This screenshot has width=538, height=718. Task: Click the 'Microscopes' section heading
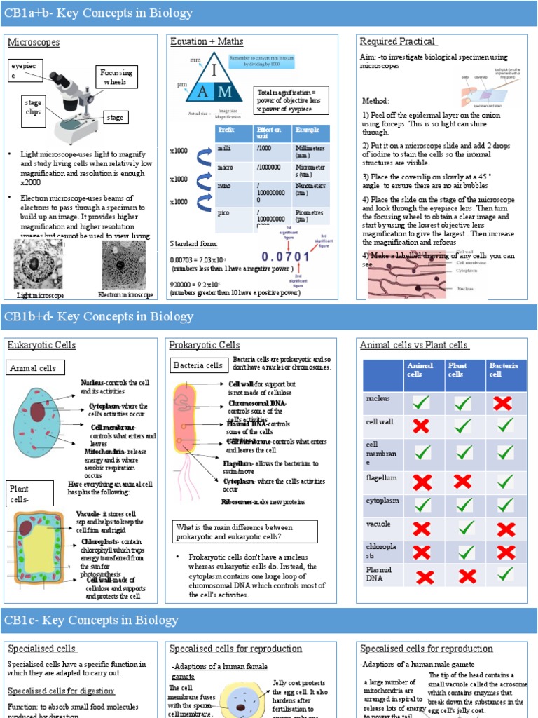[x=34, y=43]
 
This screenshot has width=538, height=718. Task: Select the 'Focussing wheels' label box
[x=116, y=78]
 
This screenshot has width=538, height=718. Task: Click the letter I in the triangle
[x=215, y=71]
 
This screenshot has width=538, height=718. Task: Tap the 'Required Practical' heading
[x=397, y=41]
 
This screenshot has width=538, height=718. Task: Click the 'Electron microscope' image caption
[x=125, y=296]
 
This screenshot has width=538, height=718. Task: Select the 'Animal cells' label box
[x=36, y=368]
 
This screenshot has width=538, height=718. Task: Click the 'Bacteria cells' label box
[x=199, y=365]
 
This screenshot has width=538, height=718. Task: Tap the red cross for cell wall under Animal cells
[x=421, y=426]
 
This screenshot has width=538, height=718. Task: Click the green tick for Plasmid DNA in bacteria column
[x=506, y=574]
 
